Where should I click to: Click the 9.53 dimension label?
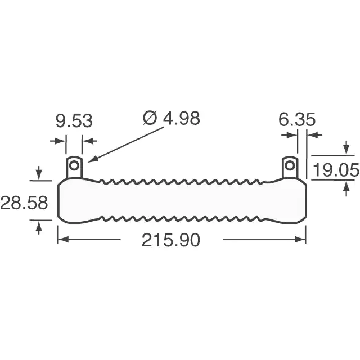(x=74, y=121)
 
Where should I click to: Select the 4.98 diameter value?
(x=181, y=119)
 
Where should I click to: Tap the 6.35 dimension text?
(x=297, y=119)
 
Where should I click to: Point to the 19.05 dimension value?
(x=336, y=170)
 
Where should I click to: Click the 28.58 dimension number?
(x=24, y=202)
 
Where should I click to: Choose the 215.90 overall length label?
(x=171, y=240)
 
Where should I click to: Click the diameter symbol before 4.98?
(x=150, y=118)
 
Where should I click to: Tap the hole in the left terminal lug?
(x=74, y=165)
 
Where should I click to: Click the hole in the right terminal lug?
(x=290, y=165)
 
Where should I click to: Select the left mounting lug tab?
(x=74, y=168)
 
